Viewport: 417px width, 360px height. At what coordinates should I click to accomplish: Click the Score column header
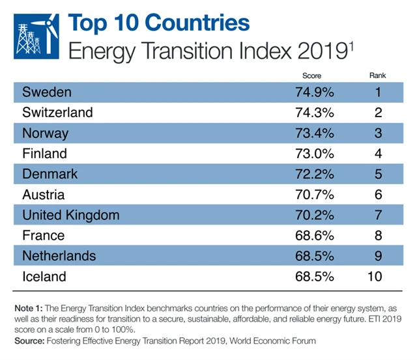[312, 76]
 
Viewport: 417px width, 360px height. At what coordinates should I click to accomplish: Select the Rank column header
[377, 76]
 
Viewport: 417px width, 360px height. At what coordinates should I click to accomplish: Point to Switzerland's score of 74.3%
[315, 112]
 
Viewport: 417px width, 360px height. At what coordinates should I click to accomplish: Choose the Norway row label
[45, 133]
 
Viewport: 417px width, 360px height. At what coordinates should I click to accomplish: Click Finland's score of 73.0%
[315, 154]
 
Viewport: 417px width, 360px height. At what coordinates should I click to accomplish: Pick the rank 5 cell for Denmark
[377, 174]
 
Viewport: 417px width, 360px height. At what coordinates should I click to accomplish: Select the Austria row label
[42, 195]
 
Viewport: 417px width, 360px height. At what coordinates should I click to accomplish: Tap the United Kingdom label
[70, 215]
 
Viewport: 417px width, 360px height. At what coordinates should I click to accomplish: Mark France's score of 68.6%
[315, 236]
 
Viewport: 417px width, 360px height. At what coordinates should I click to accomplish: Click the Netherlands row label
[59, 256]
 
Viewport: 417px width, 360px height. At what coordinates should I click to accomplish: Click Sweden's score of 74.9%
[315, 91]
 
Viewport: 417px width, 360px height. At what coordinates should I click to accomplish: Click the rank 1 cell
[377, 91]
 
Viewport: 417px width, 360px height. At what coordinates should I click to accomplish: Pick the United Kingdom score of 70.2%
[315, 215]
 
